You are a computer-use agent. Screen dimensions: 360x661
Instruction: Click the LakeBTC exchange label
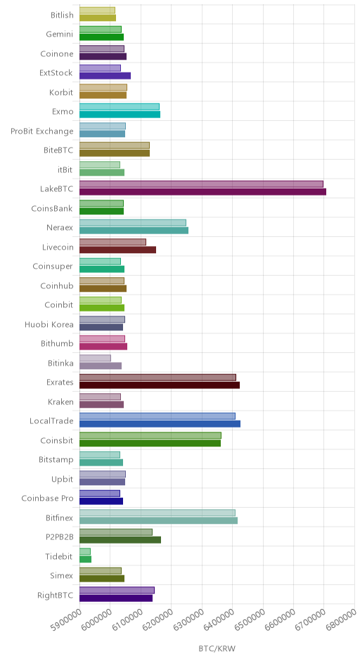click(x=56, y=189)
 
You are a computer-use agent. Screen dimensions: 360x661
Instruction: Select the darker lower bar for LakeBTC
click(x=202, y=192)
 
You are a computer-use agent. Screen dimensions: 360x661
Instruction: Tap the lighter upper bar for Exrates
click(x=157, y=378)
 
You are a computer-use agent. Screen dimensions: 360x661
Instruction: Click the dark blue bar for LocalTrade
click(x=160, y=424)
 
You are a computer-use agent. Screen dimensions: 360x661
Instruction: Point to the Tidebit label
click(x=59, y=556)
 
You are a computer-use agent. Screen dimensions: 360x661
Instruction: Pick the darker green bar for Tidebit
click(x=86, y=560)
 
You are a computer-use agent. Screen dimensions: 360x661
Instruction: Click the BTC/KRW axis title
click(x=217, y=648)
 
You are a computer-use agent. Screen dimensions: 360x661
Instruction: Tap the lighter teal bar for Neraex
click(x=133, y=223)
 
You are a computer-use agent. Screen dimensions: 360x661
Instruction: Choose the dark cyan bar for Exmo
click(x=120, y=115)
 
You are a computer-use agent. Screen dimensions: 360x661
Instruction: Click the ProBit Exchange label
click(x=41, y=131)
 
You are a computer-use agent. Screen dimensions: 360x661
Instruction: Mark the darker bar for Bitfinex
click(x=158, y=520)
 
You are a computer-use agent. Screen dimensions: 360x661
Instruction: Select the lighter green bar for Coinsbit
click(x=150, y=435)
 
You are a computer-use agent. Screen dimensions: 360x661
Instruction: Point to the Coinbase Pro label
click(x=47, y=499)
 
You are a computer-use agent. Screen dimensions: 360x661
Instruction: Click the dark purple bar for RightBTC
click(x=116, y=598)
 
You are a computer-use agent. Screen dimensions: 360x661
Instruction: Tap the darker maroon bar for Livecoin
click(x=117, y=250)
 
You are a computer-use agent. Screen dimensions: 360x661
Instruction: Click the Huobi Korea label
click(x=49, y=325)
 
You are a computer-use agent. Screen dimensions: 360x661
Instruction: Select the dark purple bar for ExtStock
click(x=105, y=76)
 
